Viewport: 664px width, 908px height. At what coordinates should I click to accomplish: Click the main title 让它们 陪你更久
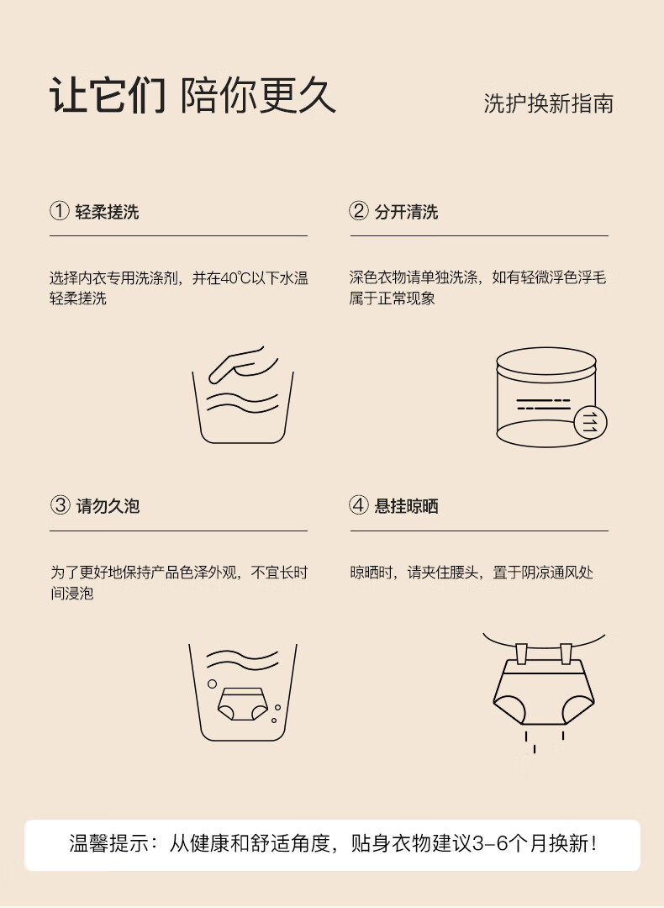(192, 95)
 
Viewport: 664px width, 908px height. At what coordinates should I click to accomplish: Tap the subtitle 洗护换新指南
(548, 103)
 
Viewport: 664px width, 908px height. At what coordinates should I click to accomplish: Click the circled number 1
(59, 211)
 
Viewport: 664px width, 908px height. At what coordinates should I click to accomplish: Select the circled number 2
(359, 211)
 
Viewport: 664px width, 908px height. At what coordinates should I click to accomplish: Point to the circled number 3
(61, 505)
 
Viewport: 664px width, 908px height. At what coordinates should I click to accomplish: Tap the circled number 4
(359, 505)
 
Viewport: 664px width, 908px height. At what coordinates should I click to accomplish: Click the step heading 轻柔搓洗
(107, 212)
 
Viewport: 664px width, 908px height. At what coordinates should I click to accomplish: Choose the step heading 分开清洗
(407, 212)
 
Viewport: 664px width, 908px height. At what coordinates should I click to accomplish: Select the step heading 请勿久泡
(108, 506)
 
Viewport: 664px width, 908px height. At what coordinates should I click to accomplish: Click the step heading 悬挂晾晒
(407, 506)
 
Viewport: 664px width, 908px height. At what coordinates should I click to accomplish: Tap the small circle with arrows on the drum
(591, 421)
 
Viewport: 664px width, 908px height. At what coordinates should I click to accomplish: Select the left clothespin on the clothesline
(522, 653)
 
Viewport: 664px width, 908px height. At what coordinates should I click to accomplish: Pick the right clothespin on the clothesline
(566, 653)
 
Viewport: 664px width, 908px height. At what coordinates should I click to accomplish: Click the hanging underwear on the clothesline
(544, 692)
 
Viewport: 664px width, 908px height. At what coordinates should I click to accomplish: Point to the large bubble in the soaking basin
(213, 684)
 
